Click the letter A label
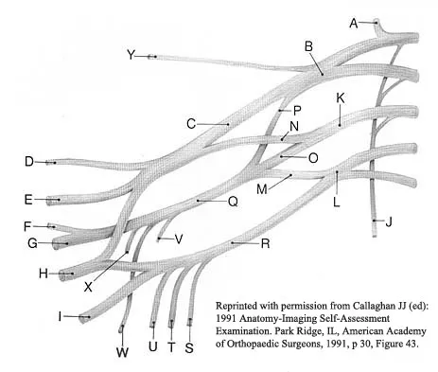[355, 21]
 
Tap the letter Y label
[132, 56]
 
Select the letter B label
[308, 45]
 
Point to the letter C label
[191, 123]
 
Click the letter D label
[29, 162]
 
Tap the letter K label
[340, 98]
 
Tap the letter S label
[188, 347]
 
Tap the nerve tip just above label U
[153, 326]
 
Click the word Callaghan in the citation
[359, 309]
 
